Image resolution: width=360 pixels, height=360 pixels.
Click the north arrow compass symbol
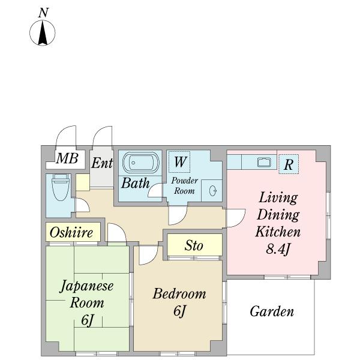(x=43, y=33)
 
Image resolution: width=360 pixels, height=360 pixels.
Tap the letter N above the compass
(x=43, y=12)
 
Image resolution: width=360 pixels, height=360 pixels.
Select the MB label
(x=67, y=159)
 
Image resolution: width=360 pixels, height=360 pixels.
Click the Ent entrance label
(x=102, y=163)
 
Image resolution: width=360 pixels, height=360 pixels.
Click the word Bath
(x=135, y=183)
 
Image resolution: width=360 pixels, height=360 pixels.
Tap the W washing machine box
(x=179, y=161)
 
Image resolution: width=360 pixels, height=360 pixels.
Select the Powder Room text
(x=184, y=185)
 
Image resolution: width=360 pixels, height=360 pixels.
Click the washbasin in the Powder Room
(x=213, y=190)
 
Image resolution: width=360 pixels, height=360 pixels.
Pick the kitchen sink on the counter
(x=263, y=161)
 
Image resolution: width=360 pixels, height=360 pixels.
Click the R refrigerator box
(x=289, y=164)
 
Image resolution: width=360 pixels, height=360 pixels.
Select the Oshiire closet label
(x=71, y=232)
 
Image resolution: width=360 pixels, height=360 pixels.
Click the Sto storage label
(x=193, y=245)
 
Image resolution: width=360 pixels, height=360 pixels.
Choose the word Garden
(x=272, y=311)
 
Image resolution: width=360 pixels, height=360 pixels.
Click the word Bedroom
(x=179, y=294)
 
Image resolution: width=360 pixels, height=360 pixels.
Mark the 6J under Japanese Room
(x=88, y=321)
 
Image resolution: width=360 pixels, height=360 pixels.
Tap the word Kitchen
(x=278, y=232)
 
